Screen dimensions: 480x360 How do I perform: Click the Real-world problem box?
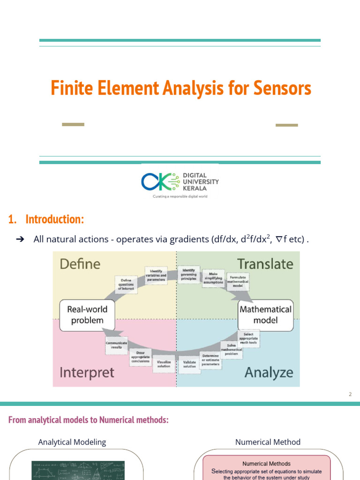pyautogui.click(x=87, y=315)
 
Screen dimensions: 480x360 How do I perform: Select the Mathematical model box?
pyautogui.click(x=265, y=315)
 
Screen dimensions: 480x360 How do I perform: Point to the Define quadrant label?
pyautogui.click(x=80, y=264)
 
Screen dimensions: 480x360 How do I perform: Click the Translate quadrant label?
pyautogui.click(x=265, y=264)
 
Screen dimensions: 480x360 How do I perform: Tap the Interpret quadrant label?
pyautogui.click(x=87, y=373)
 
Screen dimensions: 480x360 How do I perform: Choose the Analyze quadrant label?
pyautogui.click(x=269, y=373)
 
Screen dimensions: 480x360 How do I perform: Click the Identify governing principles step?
pyautogui.click(x=188, y=274)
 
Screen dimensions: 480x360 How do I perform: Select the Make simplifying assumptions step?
pyautogui.click(x=213, y=278)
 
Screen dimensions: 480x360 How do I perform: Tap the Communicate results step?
pyautogui.click(x=116, y=345)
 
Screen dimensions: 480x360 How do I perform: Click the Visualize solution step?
pyautogui.click(x=164, y=364)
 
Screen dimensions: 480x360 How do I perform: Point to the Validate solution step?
pyautogui.click(x=189, y=364)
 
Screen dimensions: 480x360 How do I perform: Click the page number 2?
pyautogui.click(x=350, y=394)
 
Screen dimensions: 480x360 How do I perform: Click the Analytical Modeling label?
pyautogui.click(x=72, y=442)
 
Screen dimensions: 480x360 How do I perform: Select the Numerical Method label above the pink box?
pyautogui.click(x=268, y=442)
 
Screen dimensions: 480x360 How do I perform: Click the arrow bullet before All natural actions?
pyautogui.click(x=20, y=240)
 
